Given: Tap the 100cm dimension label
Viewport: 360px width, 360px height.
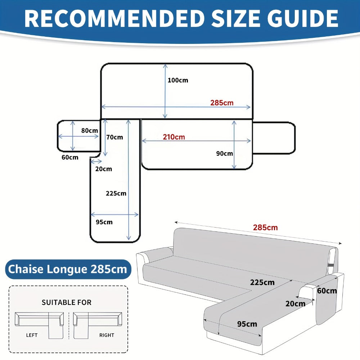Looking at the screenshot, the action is tap(178, 80).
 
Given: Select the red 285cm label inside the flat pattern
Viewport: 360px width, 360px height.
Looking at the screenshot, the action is tap(222, 103).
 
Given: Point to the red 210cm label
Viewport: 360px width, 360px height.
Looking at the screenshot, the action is tap(174, 137).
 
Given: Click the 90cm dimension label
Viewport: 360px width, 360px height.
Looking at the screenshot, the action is tap(224, 153).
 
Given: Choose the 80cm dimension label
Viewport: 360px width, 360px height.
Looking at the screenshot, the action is tap(90, 130).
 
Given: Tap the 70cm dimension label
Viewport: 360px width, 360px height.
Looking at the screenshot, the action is tap(114, 137).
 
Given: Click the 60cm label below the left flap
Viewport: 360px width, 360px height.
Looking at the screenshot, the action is tap(70, 157).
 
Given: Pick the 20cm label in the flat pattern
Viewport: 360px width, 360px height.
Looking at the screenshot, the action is tap(104, 169).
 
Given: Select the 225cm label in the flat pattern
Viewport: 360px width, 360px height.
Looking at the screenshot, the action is tap(116, 193).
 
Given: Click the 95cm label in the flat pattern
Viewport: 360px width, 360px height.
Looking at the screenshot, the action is tap(104, 222).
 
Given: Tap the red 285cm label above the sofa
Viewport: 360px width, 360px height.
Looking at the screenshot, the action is tap(265, 228).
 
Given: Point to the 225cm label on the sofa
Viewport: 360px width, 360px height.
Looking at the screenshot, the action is tap(262, 282).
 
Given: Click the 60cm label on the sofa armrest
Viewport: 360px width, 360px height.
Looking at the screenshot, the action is tap(327, 291).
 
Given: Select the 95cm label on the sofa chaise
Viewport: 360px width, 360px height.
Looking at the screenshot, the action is tap(247, 324).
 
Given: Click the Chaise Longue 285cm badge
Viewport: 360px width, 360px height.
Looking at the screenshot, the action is tap(68, 269).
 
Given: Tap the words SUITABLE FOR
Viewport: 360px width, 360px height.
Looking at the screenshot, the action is tap(67, 302).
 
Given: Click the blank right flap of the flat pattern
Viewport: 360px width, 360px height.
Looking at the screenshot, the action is tap(274, 138).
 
